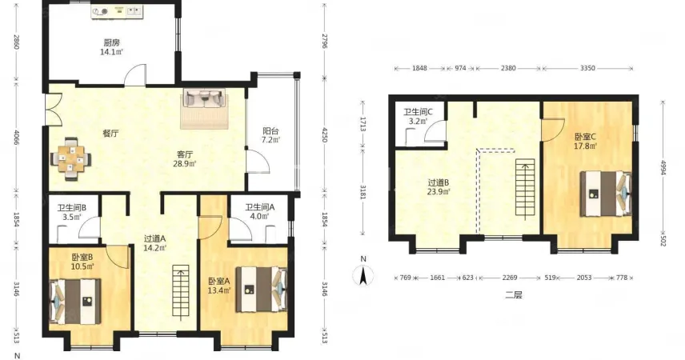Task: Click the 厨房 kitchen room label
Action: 111,43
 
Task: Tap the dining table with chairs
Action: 71,159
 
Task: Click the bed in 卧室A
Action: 261,290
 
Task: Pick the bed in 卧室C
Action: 606,194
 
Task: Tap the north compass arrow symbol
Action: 363,276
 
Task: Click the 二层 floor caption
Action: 513,295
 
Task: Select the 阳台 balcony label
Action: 270,131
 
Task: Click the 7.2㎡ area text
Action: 270,140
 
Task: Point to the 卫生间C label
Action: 418,112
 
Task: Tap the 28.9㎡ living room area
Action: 185,164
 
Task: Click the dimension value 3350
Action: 587,68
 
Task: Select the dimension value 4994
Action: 663,167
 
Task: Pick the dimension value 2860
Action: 17,42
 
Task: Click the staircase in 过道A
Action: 181,291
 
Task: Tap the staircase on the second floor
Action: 525,187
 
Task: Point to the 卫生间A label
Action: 259,207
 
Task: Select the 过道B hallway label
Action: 439,182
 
